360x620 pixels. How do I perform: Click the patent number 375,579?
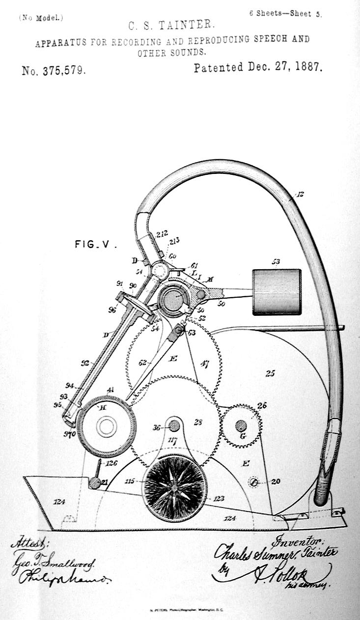tap(54, 70)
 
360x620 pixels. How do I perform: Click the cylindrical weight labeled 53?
tap(277, 292)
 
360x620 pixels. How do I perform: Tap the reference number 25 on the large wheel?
tap(270, 373)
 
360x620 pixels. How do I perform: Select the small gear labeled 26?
tap(240, 425)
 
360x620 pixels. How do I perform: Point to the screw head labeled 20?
tap(254, 482)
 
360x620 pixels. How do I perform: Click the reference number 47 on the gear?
tap(204, 364)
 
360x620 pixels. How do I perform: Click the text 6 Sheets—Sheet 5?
tap(285, 14)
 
